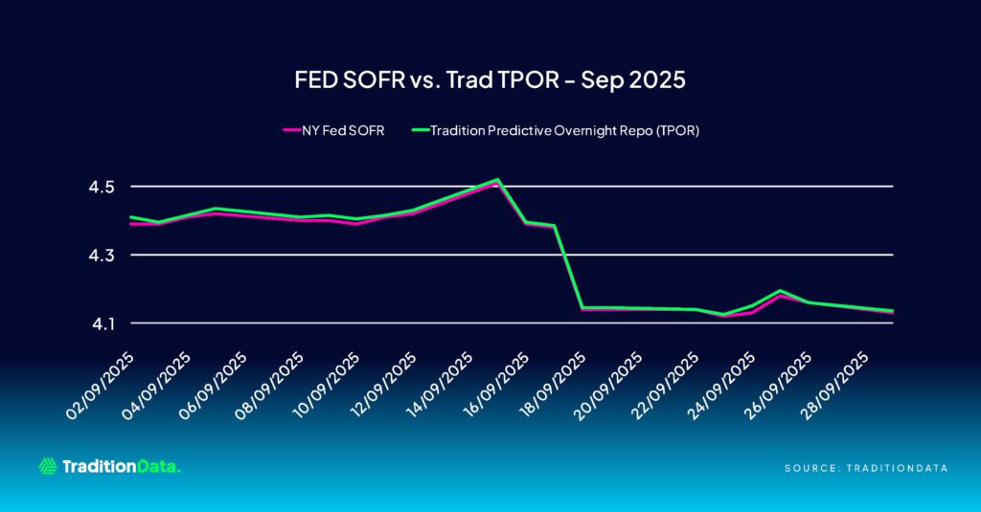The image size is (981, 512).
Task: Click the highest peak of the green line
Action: (x=496, y=179)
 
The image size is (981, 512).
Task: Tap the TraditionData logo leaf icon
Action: (x=48, y=466)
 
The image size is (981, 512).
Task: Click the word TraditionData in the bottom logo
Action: (x=121, y=467)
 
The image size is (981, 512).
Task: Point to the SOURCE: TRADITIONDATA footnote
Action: (x=866, y=468)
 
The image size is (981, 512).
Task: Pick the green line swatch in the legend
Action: (x=417, y=131)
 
